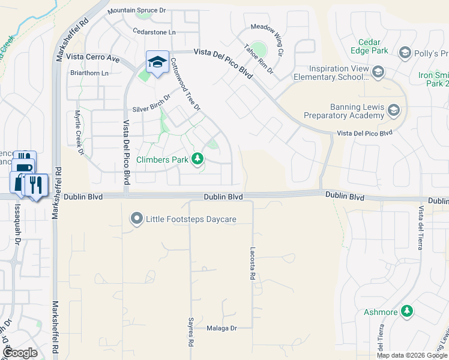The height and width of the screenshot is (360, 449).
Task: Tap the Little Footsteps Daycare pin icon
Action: click(x=137, y=219)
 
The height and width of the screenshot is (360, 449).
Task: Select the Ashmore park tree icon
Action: click(x=407, y=311)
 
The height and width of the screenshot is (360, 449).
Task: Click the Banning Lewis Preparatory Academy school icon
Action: click(x=393, y=110)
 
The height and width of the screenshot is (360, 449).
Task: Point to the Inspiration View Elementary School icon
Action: click(x=378, y=73)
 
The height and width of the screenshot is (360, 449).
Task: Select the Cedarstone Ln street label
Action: click(x=155, y=32)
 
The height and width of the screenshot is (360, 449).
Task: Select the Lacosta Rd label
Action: click(x=253, y=266)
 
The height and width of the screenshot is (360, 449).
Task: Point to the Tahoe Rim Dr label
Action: click(x=259, y=59)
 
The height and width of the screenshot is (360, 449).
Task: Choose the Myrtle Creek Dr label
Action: click(x=78, y=132)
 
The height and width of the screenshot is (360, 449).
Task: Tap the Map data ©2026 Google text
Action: click(x=411, y=355)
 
